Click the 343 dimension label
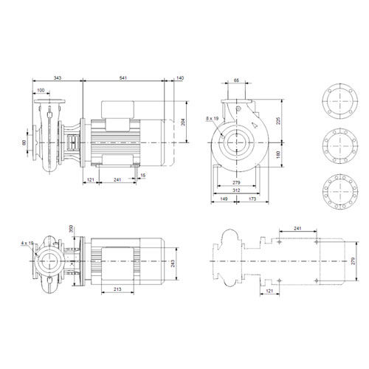58,78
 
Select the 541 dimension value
123,78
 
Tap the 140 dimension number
180,78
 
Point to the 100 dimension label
41,90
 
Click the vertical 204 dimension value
183,123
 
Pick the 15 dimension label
143,176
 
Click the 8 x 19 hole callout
213,119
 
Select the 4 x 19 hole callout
27,243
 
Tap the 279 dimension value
236,182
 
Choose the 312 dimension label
236,190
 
